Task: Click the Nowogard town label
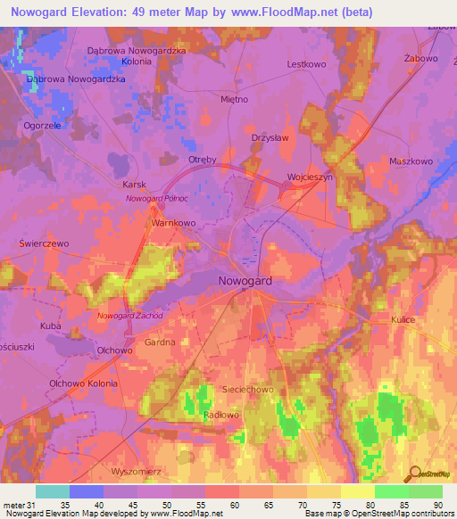(245, 281)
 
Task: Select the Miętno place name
(234, 99)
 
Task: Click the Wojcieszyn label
(310, 177)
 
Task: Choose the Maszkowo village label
(411, 161)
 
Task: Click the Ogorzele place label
(42, 126)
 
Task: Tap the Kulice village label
(403, 319)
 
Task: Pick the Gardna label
(146, 342)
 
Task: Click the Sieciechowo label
(247, 391)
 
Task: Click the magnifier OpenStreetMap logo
(415, 474)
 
